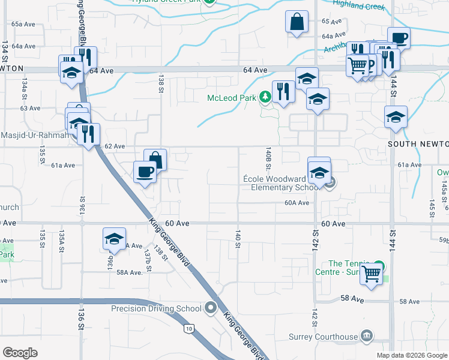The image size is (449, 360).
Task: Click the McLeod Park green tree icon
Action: (265, 97)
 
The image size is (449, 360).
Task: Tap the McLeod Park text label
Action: (232, 98)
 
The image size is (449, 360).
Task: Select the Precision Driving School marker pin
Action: (210, 308)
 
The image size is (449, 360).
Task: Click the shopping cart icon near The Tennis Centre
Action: (372, 274)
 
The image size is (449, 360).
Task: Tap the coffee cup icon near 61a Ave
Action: (145, 172)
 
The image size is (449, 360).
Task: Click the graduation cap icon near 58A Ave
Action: (113, 239)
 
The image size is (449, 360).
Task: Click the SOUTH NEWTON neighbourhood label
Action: (418, 145)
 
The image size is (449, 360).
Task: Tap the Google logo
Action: (20, 352)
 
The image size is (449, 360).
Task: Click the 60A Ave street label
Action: (297, 203)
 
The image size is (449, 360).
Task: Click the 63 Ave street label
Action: (30, 109)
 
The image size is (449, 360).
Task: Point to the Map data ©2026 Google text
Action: (411, 355)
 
